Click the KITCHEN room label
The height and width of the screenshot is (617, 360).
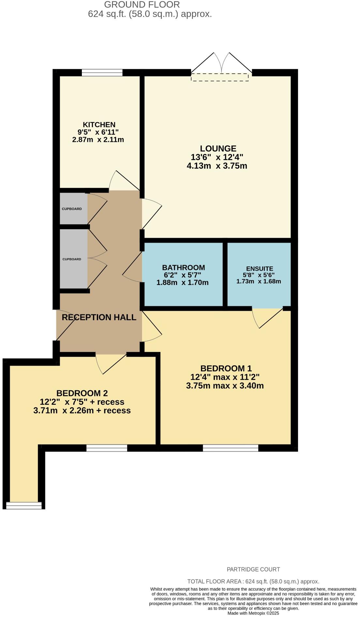pyautogui.click(x=99, y=125)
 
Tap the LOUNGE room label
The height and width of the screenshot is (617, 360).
pyautogui.click(x=218, y=149)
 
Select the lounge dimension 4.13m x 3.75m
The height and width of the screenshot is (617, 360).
pyautogui.click(x=217, y=166)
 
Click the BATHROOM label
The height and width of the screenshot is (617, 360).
pyautogui.click(x=184, y=267)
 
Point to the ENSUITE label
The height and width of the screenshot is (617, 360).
pyautogui.click(x=260, y=269)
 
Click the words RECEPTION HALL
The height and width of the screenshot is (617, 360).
pyautogui.click(x=99, y=317)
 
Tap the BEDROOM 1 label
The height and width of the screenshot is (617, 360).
pyautogui.click(x=226, y=369)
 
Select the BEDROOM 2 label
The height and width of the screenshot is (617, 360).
pyautogui.click(x=82, y=393)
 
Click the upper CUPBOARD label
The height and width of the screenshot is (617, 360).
pyautogui.click(x=72, y=209)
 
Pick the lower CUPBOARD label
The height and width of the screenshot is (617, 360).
pyautogui.click(x=72, y=259)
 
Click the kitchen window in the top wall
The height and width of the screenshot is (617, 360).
pyautogui.click(x=102, y=72)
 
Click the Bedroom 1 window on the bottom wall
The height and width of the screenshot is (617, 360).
pyautogui.click(x=231, y=448)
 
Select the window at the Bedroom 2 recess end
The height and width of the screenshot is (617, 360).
pyautogui.click(x=24, y=505)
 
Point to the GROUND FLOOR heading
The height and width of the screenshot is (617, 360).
pyautogui.click(x=142, y=5)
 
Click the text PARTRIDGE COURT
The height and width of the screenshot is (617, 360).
pyautogui.click(x=253, y=569)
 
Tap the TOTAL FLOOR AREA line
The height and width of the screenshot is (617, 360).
pyautogui.click(x=253, y=581)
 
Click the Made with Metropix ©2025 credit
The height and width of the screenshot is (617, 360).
pyautogui.click(x=253, y=613)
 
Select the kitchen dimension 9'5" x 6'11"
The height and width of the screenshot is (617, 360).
pyautogui.click(x=98, y=132)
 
